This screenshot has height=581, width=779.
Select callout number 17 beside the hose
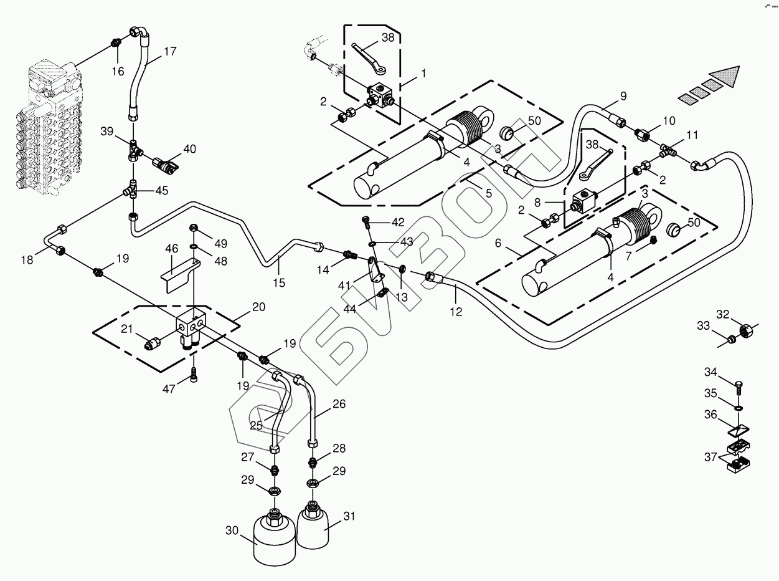169,52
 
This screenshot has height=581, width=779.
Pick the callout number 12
456,311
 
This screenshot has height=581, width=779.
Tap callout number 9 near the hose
623,96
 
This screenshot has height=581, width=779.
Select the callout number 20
258,307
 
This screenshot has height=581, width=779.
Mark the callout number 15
278,283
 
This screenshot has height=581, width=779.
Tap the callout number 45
161,191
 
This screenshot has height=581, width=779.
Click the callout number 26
339,403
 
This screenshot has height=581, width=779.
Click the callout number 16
118,72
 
